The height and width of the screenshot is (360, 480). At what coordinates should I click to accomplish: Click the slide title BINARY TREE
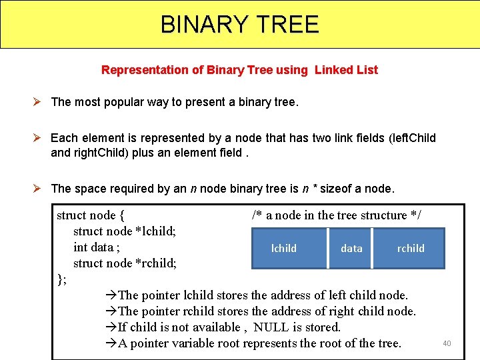click(x=240, y=25)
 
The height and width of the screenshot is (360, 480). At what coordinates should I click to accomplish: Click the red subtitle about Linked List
click(x=239, y=70)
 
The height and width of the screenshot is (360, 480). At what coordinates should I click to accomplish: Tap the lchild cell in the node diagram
click(x=284, y=249)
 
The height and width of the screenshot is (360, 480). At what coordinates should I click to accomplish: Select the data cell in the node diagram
click(x=351, y=249)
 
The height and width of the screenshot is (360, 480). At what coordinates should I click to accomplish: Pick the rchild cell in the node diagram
click(x=411, y=249)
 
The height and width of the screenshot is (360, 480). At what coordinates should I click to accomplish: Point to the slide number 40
click(x=447, y=343)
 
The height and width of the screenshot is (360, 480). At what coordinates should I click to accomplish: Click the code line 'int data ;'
click(x=97, y=247)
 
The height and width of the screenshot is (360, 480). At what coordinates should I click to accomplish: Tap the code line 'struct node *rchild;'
click(x=125, y=263)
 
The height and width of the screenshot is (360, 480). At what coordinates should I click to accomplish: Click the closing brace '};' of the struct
click(x=62, y=279)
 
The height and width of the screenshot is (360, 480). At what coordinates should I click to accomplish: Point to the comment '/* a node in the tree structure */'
click(x=336, y=215)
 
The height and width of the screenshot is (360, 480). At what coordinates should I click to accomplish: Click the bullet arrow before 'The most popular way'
click(x=40, y=102)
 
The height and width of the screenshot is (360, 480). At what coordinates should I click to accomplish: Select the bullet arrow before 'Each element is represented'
click(x=40, y=138)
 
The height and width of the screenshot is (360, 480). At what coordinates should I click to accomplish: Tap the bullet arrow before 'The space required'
click(x=40, y=189)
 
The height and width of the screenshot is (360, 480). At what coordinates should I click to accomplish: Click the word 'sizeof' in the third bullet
click(x=339, y=189)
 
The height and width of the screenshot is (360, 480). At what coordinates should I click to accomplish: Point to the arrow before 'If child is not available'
click(x=111, y=327)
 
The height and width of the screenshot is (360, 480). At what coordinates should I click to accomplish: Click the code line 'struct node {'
click(x=91, y=215)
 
